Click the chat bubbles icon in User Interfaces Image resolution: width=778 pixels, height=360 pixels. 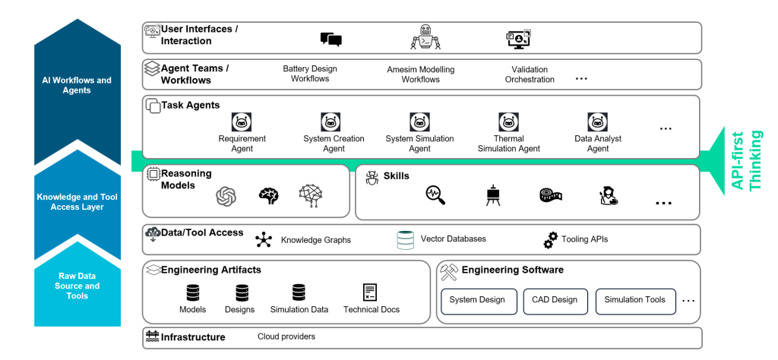pos(331,39)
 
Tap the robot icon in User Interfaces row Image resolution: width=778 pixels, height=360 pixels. pos(425,36)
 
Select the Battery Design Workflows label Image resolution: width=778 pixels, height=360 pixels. pos(310,74)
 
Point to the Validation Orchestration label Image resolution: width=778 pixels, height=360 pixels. pos(530,74)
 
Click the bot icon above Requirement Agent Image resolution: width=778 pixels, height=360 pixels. pos(242,122)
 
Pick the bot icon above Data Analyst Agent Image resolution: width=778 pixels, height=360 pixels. pos(598,122)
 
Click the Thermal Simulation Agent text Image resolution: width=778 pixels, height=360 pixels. pos(508,144)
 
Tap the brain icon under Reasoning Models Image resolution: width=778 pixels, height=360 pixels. pos(269,195)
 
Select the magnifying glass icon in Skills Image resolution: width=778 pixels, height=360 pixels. pos(435,195)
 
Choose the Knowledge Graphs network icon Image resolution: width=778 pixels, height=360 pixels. pos(264,239)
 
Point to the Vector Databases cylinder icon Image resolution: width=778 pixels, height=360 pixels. pos(406,240)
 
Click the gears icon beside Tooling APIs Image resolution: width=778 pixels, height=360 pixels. pos(551,240)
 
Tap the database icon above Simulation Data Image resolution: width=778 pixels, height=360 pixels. pos(299,292)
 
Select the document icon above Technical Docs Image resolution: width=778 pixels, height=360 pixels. pos(370,292)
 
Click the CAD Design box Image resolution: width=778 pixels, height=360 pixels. pos(555,302)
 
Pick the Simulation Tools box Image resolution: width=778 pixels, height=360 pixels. pos(636,302)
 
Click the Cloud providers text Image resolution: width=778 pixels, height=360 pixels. pos(286,336)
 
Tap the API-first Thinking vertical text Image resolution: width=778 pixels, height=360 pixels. pos(747,160)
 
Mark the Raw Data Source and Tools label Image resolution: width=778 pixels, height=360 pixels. pos(77,286)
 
